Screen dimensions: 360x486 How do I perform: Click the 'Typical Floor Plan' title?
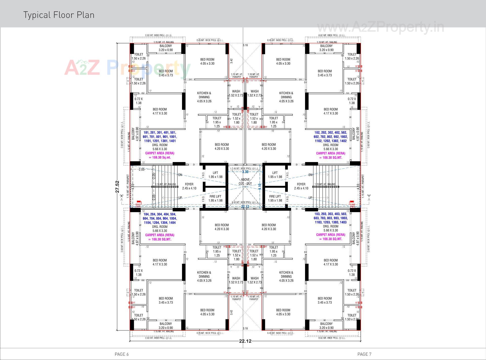tap(59, 15)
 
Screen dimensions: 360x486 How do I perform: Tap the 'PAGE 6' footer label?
tap(122, 354)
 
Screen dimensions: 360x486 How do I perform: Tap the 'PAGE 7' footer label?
tap(364, 354)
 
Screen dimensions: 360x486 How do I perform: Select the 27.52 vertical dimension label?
tap(117, 187)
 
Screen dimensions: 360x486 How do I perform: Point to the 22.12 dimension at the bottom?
tap(245, 341)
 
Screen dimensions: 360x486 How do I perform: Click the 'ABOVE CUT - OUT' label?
tap(245, 182)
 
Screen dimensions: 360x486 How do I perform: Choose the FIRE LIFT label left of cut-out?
tap(215, 198)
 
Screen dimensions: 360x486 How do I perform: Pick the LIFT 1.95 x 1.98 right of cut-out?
tap(275, 175)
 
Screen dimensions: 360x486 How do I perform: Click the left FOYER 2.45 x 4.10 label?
tap(189, 186)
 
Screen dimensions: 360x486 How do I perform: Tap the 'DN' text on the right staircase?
tap(310, 175)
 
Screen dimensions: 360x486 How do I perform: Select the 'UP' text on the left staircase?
tap(180, 198)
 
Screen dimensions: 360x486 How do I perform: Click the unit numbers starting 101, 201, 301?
tap(160, 137)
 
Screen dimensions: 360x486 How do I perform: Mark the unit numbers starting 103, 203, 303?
tap(331, 218)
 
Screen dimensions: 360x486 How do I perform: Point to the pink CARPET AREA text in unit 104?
tap(160, 237)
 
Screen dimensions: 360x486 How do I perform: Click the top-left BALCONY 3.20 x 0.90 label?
tap(166, 48)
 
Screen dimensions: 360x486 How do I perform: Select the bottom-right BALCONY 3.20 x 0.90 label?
tap(326, 326)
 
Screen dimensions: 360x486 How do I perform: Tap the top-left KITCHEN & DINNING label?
tap(204, 97)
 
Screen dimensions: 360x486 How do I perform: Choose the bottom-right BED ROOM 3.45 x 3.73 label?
tap(325, 300)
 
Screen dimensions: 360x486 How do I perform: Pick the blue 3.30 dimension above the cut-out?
tap(245, 172)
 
